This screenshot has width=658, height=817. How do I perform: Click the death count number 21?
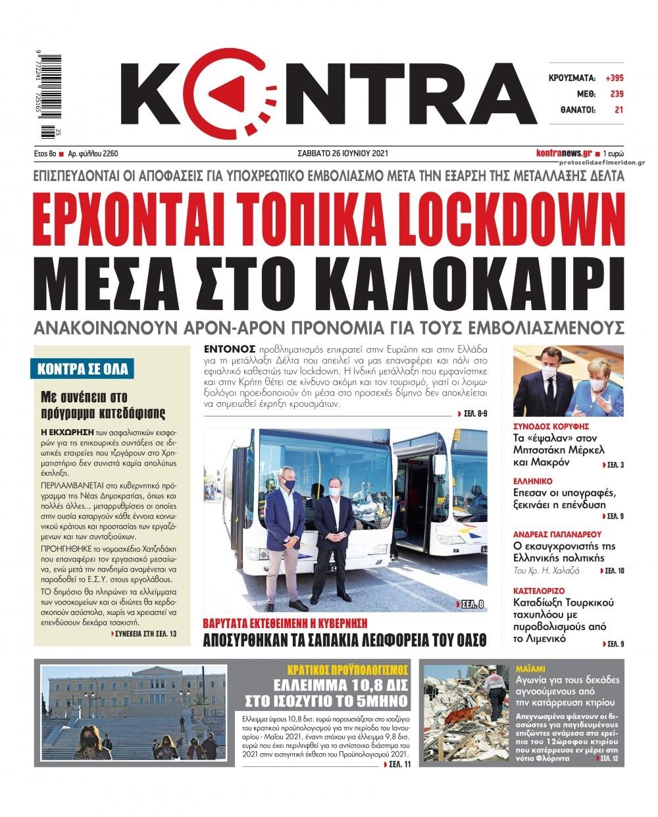tap(619, 110)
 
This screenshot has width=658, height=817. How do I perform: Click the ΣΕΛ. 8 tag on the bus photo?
tap(470, 604)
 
